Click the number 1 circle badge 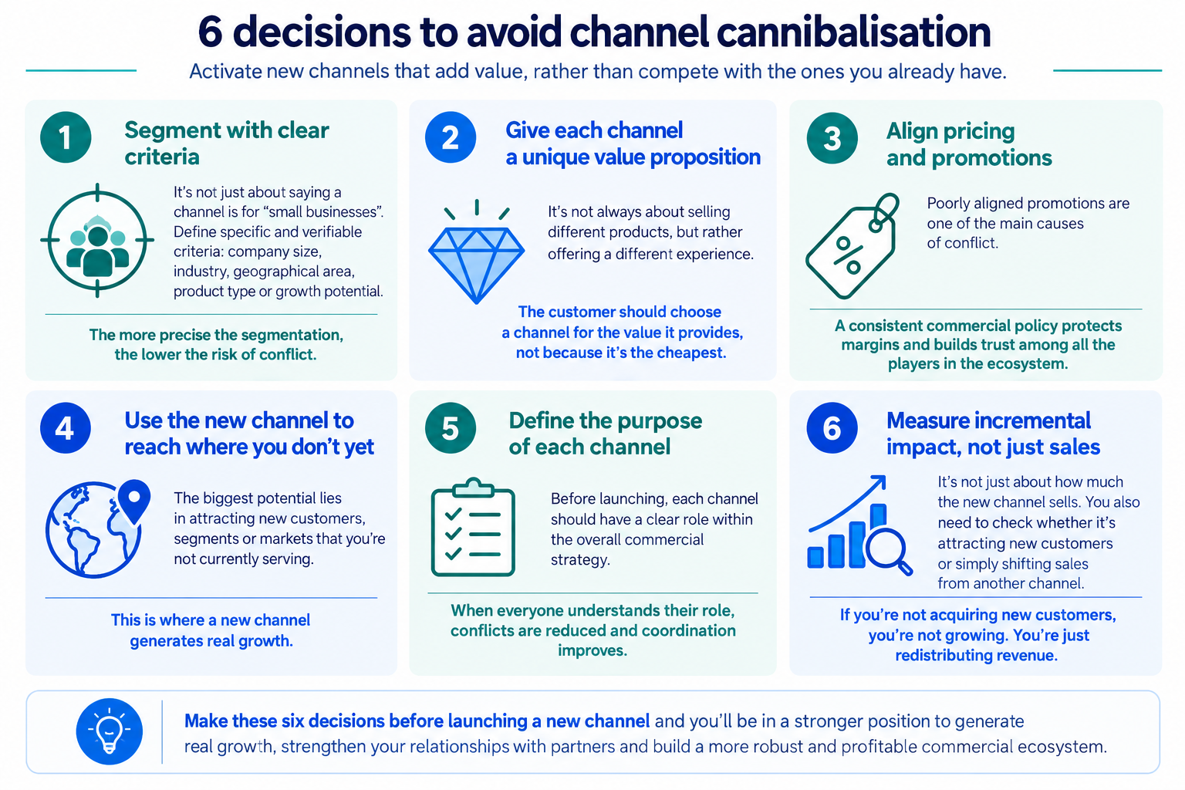point(66,137)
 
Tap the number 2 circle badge point(451,137)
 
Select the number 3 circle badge point(832,138)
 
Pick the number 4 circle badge point(66,427)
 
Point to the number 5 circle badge point(451,427)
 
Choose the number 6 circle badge point(832,427)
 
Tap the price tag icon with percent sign point(852,247)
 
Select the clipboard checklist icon point(473,527)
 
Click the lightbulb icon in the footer point(110,732)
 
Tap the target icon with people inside point(97,241)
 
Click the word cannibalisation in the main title point(853,32)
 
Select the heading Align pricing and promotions point(969,144)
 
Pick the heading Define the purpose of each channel point(605,434)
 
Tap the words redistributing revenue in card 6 point(976,656)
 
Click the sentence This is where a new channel point(211,620)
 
